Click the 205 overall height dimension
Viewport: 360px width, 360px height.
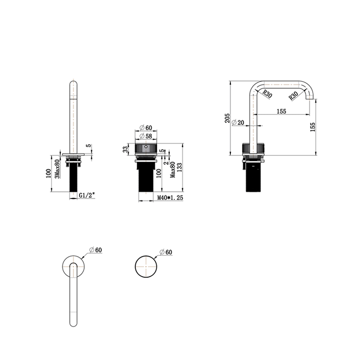pos(227,118)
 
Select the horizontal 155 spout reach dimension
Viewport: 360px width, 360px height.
pos(281,112)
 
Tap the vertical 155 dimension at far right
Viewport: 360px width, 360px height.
pos(313,127)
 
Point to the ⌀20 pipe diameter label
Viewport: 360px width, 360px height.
pos(238,122)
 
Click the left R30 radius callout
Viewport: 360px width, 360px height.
pos(267,94)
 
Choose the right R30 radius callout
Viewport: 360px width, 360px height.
pos(293,96)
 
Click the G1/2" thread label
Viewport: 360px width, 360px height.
pos(87,195)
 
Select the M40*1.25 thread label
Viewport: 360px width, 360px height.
pos(170,197)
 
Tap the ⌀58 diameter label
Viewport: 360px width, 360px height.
pos(146,136)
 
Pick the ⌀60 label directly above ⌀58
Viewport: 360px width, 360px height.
pos(146,128)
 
